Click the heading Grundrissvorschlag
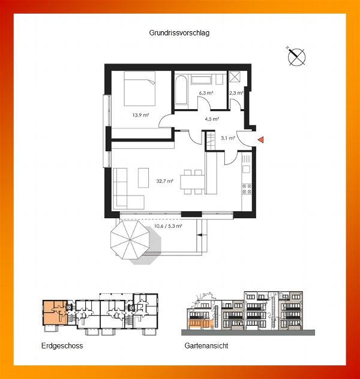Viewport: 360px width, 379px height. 179,33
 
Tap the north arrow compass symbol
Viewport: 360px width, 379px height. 296,57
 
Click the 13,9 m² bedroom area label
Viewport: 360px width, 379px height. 140,115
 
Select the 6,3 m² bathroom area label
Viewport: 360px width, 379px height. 206,93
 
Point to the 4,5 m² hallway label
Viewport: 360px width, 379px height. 212,119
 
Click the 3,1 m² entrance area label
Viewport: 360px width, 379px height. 228,139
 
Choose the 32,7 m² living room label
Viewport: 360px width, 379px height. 164,181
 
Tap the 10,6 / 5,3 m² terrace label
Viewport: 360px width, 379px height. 168,226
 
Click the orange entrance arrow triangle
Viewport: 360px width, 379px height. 260,140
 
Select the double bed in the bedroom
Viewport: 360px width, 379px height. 140,89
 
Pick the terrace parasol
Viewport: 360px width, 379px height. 130,240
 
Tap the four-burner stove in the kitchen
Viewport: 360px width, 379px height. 247,189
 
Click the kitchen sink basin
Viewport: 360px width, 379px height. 247,169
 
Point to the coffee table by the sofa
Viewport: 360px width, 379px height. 143,178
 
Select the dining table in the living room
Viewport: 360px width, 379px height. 193,182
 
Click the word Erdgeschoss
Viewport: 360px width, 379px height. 62,346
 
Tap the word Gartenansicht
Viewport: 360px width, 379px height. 206,345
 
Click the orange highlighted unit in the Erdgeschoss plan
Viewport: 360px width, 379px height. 55,312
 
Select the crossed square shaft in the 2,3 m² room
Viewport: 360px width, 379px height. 234,77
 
